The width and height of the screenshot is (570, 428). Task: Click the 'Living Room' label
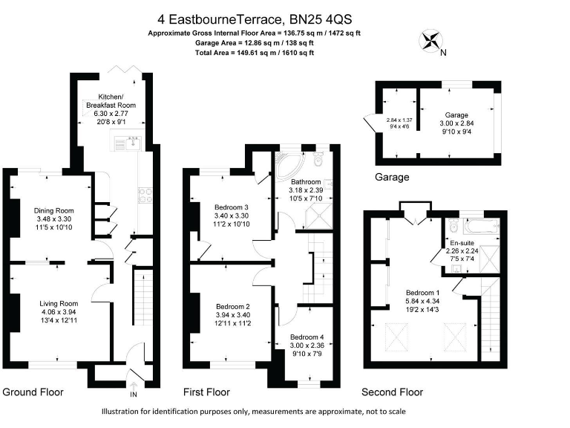(x=59, y=303)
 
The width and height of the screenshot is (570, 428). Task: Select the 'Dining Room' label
(x=54, y=210)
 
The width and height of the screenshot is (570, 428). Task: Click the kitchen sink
(x=133, y=140)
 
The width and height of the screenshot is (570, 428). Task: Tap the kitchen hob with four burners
(x=144, y=195)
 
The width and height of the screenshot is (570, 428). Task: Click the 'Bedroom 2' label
(x=232, y=306)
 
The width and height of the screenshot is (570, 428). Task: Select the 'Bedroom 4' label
(x=307, y=336)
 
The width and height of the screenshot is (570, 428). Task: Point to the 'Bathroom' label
(x=305, y=182)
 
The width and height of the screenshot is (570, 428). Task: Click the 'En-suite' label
(x=463, y=242)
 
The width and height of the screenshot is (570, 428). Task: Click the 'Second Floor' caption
(x=392, y=392)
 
